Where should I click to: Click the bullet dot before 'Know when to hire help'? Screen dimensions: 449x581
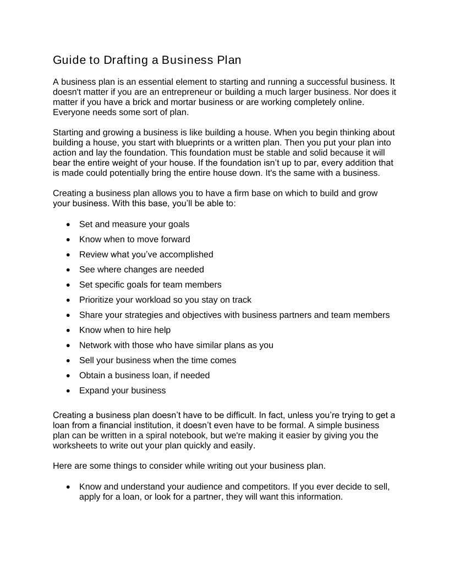68,330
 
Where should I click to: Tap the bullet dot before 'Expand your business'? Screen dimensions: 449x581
68,391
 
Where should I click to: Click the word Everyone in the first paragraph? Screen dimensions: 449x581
71,112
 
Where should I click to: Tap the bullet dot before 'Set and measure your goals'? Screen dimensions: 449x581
68,224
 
